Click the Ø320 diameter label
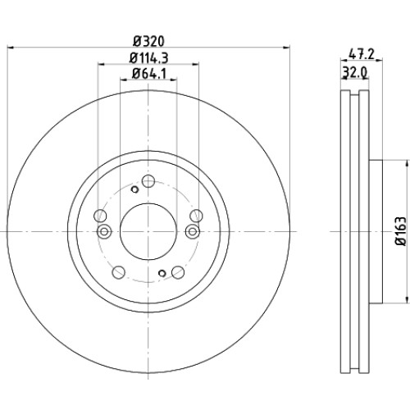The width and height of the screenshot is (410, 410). pyautogui.click(x=148, y=41)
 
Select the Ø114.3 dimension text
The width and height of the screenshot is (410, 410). pyautogui.click(x=148, y=57)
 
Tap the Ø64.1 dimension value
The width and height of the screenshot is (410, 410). pyautogui.click(x=148, y=74)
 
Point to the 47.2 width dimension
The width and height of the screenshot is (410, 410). pyautogui.click(x=362, y=54)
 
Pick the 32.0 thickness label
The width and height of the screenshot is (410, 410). pyautogui.click(x=355, y=73)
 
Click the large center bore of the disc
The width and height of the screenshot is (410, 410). pyautogui.click(x=148, y=232)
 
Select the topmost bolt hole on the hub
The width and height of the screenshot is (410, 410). pyautogui.click(x=148, y=181)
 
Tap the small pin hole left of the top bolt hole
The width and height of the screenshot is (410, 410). pyautogui.click(x=134, y=189)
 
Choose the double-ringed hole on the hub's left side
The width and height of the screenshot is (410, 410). pyautogui.click(x=104, y=232)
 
